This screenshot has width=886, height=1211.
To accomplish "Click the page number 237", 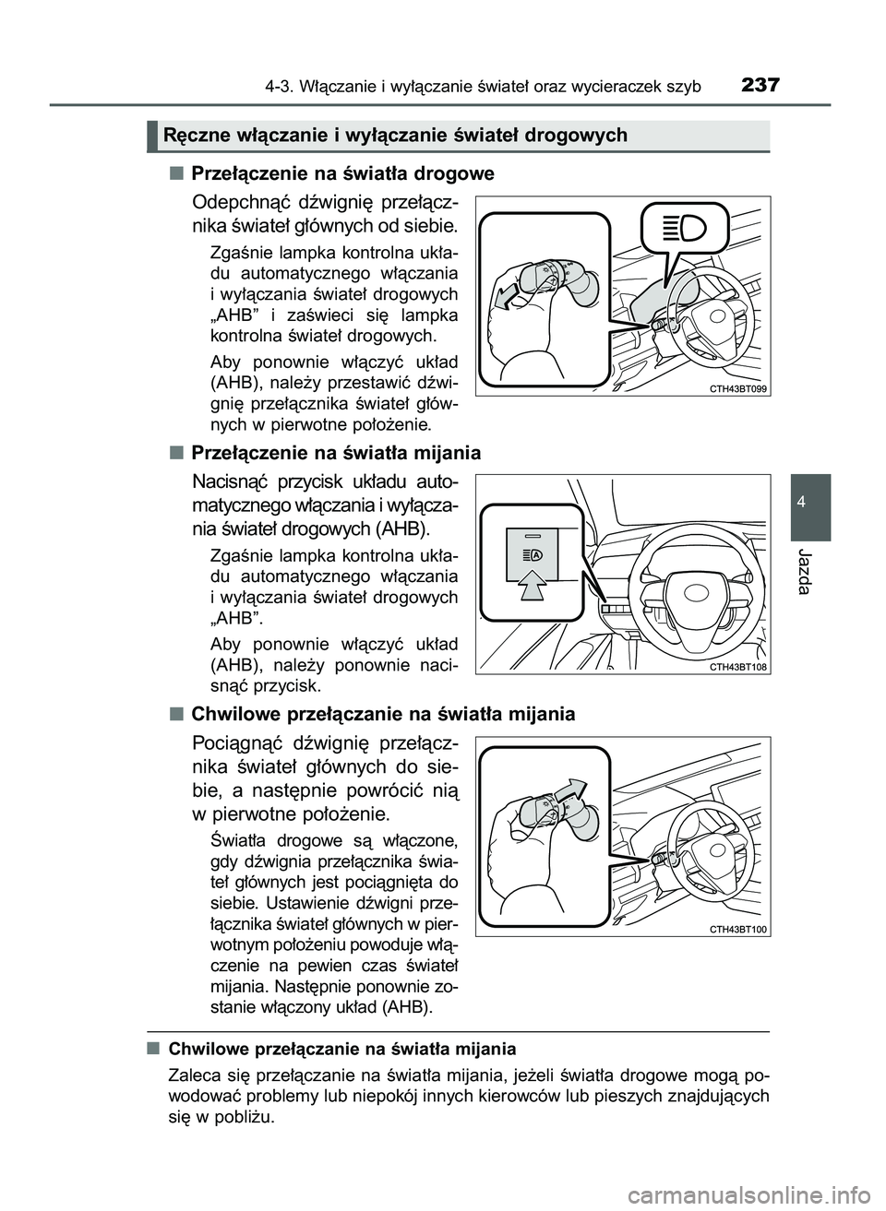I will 760,86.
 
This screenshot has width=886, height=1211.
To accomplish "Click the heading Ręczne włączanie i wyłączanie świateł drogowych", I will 395,137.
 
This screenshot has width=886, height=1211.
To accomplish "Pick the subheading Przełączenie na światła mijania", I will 335,453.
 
